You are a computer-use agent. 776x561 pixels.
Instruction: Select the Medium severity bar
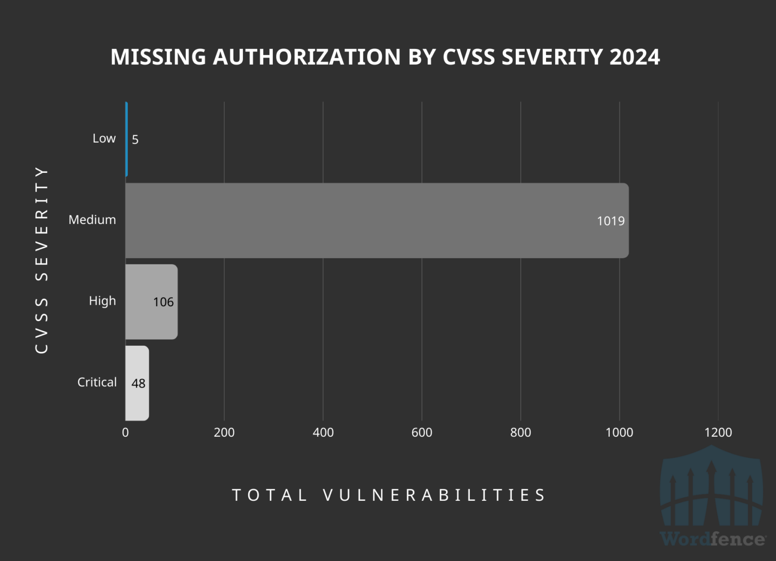[354, 220]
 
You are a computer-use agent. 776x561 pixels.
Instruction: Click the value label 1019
[610, 221]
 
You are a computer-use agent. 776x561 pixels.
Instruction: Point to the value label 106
[163, 302]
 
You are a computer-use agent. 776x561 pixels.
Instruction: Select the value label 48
[138, 384]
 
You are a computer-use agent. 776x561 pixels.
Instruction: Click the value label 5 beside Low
[135, 139]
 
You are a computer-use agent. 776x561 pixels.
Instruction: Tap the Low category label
[104, 138]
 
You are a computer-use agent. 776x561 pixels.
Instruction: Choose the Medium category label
[92, 220]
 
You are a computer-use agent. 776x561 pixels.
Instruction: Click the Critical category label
[96, 382]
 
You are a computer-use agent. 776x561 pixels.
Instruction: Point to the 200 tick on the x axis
[224, 433]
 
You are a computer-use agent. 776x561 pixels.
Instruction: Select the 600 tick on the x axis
[421, 433]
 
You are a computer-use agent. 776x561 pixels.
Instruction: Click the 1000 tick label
[619, 433]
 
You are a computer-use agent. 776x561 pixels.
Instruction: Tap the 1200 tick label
[718, 433]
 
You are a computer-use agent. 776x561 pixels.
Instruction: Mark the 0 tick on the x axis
[125, 433]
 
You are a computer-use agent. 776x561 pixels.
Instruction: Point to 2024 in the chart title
[635, 57]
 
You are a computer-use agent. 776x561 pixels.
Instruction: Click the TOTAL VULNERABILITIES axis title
[389, 495]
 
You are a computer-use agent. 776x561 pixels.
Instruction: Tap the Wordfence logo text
[712, 539]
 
